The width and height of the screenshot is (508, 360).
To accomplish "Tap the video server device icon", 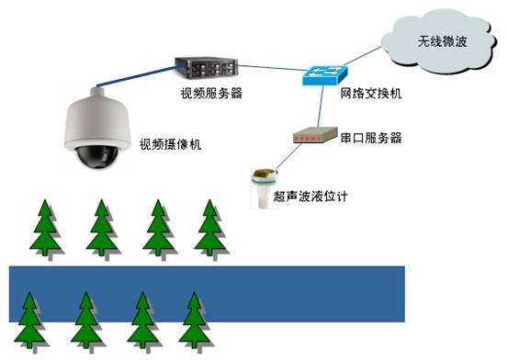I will (209, 66).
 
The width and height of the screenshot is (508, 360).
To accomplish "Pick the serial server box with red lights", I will (314, 137).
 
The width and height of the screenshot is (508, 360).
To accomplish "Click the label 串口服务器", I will (371, 138).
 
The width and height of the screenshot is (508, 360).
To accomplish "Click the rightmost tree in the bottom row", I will (195, 321).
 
